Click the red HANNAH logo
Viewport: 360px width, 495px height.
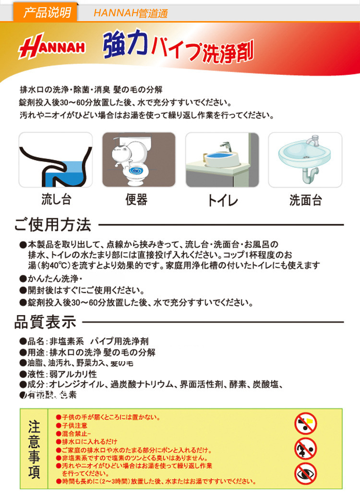click(x=52, y=48)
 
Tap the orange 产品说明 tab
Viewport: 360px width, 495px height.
click(x=47, y=12)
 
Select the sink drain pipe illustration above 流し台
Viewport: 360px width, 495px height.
click(x=56, y=160)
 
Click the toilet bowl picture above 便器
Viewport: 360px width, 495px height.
click(x=139, y=160)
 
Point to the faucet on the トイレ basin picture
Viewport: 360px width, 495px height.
click(x=225, y=147)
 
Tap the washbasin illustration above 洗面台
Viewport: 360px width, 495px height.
click(x=305, y=160)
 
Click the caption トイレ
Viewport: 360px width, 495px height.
click(x=222, y=200)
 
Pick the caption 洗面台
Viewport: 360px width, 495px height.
click(x=305, y=200)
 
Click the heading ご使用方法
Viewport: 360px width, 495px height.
click(x=53, y=224)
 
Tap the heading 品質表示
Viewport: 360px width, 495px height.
click(x=45, y=322)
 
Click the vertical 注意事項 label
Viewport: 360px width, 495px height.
click(x=34, y=448)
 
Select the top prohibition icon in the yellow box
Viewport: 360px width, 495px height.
click(x=305, y=424)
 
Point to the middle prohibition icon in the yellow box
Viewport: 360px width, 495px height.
click(x=305, y=448)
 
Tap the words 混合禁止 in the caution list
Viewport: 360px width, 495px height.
click(x=75, y=434)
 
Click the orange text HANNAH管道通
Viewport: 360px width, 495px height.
click(x=131, y=13)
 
